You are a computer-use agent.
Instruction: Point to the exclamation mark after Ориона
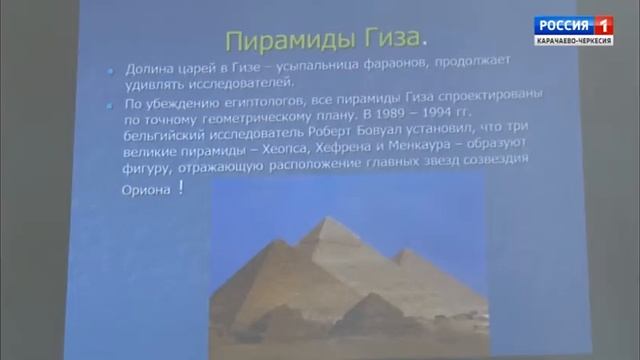[181, 188]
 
